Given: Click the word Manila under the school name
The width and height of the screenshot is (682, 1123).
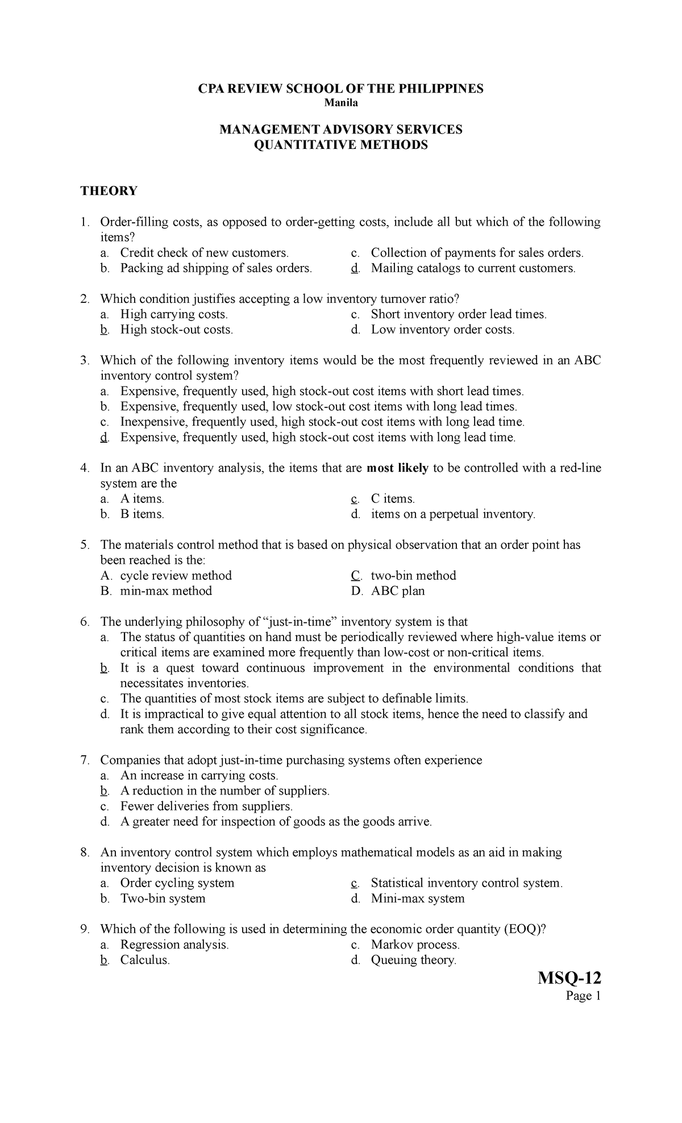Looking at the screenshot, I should click(x=340, y=103).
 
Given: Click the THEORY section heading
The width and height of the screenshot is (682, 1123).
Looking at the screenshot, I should click(x=109, y=191).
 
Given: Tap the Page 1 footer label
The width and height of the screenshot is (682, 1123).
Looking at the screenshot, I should click(x=582, y=996).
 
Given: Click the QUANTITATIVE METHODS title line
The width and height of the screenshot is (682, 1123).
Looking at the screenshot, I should click(x=340, y=145).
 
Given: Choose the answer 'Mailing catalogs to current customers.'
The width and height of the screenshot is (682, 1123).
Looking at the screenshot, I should click(x=473, y=268).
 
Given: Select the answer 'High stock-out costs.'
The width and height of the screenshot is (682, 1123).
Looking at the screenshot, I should click(x=176, y=330).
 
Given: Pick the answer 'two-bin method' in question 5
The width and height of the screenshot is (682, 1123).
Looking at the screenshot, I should click(x=413, y=576).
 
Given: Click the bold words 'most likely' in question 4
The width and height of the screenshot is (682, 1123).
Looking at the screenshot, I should click(x=398, y=468).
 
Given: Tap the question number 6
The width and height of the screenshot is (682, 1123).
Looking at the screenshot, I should click(x=85, y=622).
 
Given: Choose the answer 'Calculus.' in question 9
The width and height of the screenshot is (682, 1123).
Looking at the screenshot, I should click(x=145, y=960).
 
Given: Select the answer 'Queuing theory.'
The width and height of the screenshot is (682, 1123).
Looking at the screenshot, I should click(x=414, y=960).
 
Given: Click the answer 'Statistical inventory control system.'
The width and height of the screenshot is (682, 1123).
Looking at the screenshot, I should click(x=467, y=883).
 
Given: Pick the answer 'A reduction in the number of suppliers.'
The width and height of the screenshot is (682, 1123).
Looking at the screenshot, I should click(x=224, y=791).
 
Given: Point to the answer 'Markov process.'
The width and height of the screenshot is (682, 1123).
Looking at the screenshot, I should click(x=415, y=945).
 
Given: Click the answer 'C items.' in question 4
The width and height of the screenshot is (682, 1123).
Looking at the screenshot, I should click(x=393, y=499).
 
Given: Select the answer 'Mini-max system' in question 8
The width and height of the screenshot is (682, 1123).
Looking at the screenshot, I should click(x=418, y=899).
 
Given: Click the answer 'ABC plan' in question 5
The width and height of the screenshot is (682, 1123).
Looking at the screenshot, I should click(x=398, y=591).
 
